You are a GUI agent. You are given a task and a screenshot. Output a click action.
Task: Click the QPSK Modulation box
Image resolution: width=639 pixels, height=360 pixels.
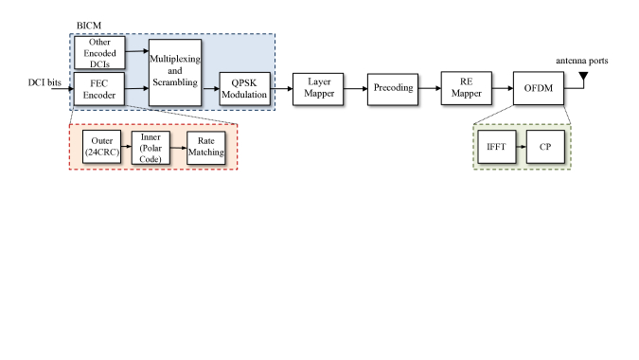pyautogui.click(x=244, y=88)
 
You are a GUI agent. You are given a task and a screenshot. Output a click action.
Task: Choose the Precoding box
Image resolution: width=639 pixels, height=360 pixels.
pyautogui.click(x=391, y=88)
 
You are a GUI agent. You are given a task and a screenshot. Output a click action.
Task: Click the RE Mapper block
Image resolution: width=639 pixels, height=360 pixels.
pyautogui.click(x=465, y=88)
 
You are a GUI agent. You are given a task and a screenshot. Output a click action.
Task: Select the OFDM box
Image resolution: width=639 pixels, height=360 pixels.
pyautogui.click(x=538, y=88)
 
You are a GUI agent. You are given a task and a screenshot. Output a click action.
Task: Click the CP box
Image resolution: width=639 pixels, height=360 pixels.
pyautogui.click(x=544, y=149)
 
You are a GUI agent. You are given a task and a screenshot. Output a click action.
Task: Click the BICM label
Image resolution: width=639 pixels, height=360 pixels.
pyautogui.click(x=88, y=26)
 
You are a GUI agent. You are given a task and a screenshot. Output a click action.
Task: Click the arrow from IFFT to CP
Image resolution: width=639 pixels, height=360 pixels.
pyautogui.click(x=519, y=149)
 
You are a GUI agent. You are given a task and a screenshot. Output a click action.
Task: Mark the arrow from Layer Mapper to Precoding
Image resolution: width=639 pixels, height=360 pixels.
pyautogui.click(x=353, y=88)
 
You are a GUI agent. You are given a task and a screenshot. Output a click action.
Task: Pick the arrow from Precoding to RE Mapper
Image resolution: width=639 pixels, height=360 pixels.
pyautogui.click(x=429, y=88)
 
